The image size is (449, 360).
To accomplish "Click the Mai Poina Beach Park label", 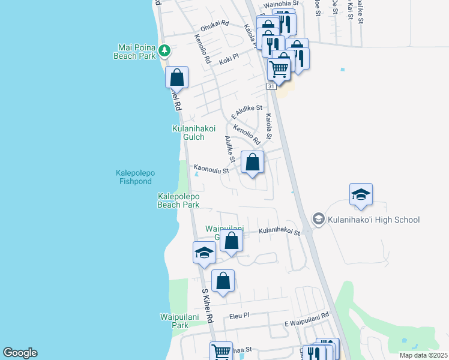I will [134, 51].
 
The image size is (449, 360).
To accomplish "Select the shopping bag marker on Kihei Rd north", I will [177, 77].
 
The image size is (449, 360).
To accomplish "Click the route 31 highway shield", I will [271, 86].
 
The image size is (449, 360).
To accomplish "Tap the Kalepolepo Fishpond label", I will [135, 177].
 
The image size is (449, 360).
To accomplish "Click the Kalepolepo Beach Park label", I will [178, 200].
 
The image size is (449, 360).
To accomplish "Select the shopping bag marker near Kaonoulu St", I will [253, 162].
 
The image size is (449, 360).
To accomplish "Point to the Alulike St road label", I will [229, 148].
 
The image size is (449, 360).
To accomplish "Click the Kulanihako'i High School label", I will [373, 220].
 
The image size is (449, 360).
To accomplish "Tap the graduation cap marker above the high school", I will [361, 194].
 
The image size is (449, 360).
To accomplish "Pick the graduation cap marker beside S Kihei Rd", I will [204, 253].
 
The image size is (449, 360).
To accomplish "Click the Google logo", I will [20, 353].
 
